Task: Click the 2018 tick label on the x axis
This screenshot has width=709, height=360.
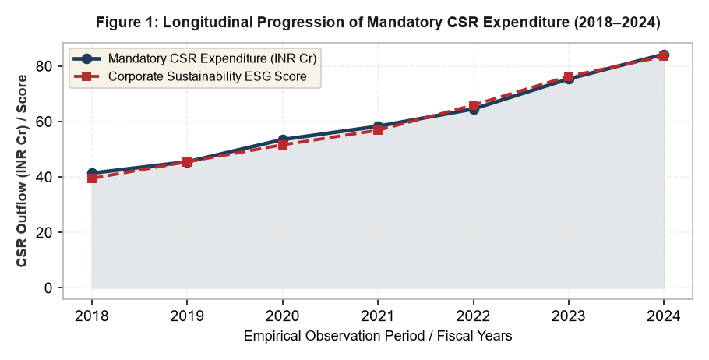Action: tap(92, 316)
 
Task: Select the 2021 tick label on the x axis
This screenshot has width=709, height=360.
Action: tap(378, 316)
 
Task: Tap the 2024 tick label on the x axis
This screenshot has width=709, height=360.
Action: tap(664, 316)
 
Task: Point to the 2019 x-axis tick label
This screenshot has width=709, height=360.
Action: tap(187, 316)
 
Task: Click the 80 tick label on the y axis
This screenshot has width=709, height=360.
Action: tap(44, 66)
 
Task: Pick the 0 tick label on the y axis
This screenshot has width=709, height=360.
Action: tap(48, 288)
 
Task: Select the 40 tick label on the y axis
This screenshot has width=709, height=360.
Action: tap(44, 177)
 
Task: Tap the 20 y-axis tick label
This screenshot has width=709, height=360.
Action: tap(44, 232)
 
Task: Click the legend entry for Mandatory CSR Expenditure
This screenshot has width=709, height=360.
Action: tap(196, 58)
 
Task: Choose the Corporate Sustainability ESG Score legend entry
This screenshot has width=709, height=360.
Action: tap(190, 76)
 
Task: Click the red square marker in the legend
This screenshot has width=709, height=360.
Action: tap(87, 76)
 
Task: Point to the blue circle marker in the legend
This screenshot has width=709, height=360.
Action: tap(87, 58)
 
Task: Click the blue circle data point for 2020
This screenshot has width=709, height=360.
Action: tap(283, 139)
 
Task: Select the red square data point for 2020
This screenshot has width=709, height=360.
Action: tap(283, 145)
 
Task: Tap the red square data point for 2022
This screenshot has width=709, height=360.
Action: tap(474, 106)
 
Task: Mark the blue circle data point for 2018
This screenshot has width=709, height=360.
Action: tap(92, 173)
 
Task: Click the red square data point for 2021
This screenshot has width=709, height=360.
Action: tap(378, 130)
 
